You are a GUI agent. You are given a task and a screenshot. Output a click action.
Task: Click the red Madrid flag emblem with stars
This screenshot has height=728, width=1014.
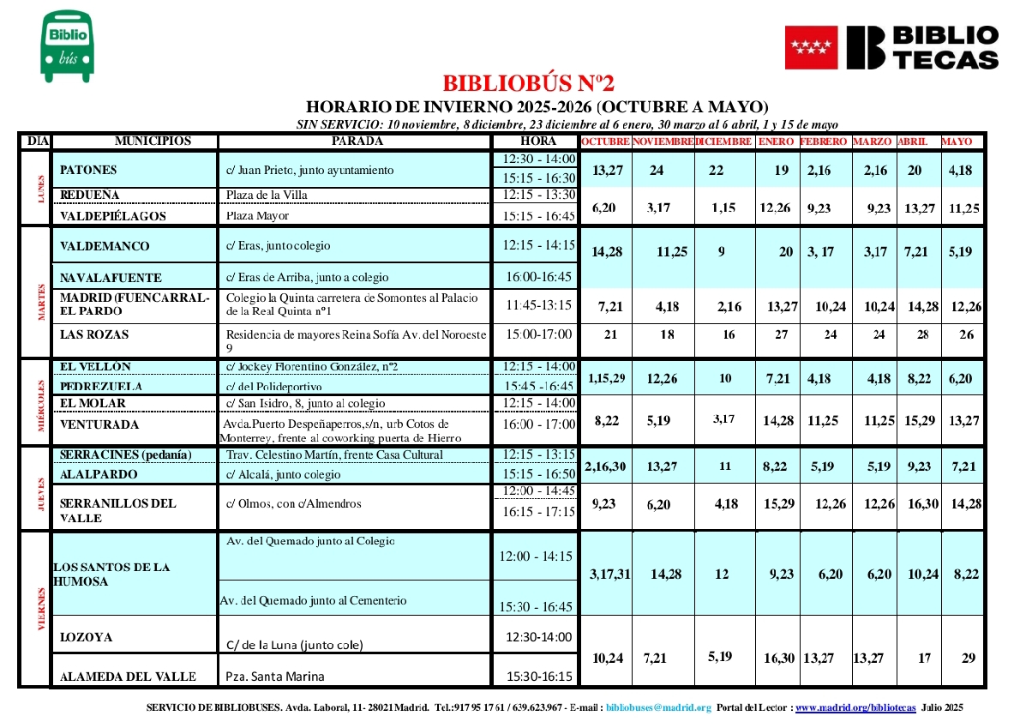pos(810,47)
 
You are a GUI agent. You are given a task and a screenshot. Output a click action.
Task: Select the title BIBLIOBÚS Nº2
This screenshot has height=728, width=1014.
pos(529,84)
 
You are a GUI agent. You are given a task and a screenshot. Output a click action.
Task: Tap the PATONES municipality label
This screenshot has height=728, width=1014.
pos(88,171)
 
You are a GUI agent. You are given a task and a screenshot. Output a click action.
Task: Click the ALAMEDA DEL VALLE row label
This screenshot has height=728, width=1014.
pos(129,677)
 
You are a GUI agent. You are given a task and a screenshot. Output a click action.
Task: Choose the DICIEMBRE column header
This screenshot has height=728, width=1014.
pos(723,141)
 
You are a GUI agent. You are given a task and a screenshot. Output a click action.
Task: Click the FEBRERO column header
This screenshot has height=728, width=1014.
pos(824,141)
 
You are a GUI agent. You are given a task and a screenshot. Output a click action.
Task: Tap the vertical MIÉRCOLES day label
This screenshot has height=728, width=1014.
pos(39,401)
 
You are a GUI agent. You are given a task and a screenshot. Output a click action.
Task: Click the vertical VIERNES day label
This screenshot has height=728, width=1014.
pos(39,608)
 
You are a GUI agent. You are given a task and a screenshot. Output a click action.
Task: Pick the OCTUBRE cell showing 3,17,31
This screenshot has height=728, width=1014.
pos(609,575)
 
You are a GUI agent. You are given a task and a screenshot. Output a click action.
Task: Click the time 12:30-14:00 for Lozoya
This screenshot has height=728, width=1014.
pos(537,637)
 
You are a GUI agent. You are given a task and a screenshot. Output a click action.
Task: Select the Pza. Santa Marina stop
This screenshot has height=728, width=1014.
pos(275,677)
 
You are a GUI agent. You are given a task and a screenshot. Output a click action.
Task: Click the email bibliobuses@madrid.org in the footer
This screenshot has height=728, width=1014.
pos(658,707)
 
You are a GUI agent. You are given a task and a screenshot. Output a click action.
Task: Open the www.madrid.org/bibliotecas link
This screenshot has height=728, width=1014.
pos(856,707)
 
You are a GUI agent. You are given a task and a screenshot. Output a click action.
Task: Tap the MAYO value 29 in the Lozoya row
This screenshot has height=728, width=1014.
pos(969,659)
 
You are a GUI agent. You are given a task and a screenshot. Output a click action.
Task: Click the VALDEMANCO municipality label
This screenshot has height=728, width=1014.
pos(105,247)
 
